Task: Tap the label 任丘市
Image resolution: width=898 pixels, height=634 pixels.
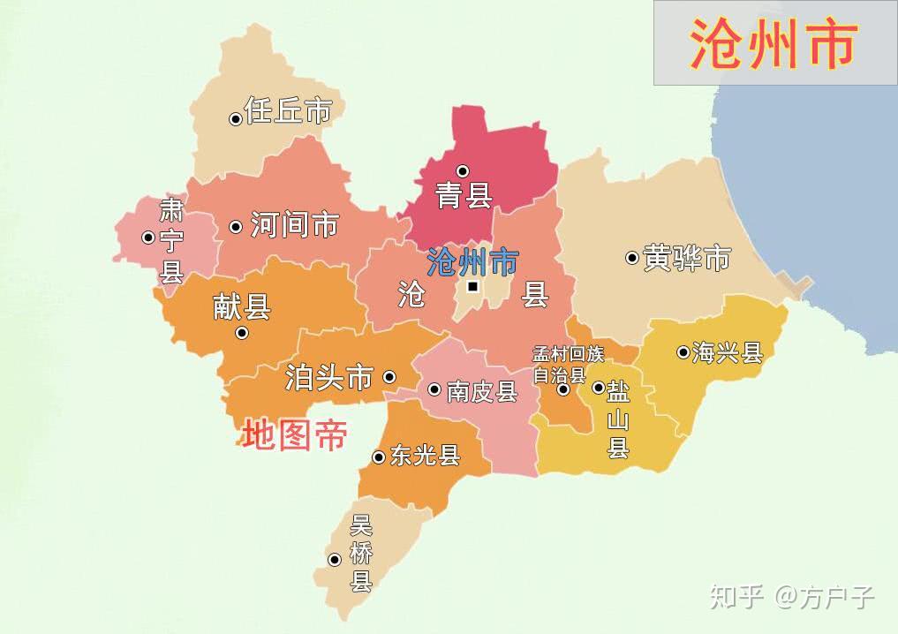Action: pyautogui.click(x=288, y=111)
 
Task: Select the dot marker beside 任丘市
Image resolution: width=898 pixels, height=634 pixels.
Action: pyautogui.click(x=236, y=119)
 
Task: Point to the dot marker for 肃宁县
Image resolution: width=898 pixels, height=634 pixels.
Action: pyautogui.click(x=148, y=237)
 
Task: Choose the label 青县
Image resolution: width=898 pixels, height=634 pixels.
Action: pyautogui.click(x=464, y=195)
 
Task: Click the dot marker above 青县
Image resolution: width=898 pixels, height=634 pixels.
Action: pyautogui.click(x=462, y=170)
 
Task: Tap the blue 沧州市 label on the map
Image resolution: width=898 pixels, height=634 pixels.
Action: pyautogui.click(x=472, y=261)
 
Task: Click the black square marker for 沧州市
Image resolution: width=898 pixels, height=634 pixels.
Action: pyautogui.click(x=473, y=286)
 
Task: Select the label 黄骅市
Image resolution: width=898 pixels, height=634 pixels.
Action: pyautogui.click(x=687, y=258)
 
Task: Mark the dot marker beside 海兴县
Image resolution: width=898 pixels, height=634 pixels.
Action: pyautogui.click(x=683, y=352)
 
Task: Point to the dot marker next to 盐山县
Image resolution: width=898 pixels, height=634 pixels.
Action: pyautogui.click(x=598, y=388)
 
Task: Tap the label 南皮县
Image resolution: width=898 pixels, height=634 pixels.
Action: pyautogui.click(x=481, y=391)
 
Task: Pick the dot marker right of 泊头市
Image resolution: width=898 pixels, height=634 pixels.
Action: pyautogui.click(x=389, y=377)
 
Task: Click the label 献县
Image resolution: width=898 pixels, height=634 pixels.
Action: pyautogui.click(x=241, y=307)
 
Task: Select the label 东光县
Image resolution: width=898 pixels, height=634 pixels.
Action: pyautogui.click(x=426, y=456)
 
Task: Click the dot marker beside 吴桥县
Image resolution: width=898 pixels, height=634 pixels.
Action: pyautogui.click(x=335, y=560)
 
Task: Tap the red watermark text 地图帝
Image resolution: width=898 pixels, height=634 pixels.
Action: pyautogui.click(x=294, y=435)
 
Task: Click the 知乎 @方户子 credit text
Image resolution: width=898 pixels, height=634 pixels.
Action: pyautogui.click(x=792, y=597)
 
